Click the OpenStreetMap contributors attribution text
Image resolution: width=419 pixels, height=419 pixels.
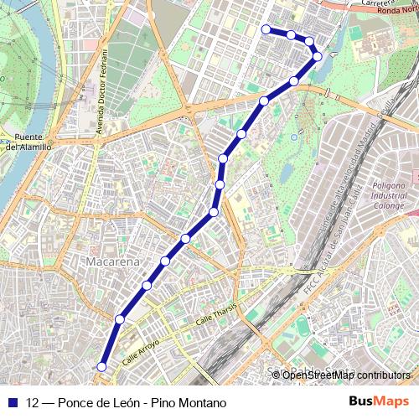click(345, 375)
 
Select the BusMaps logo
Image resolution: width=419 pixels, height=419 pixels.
click(379, 401)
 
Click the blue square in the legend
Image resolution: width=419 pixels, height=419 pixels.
click(13, 402)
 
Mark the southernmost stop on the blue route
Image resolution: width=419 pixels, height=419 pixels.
click(102, 366)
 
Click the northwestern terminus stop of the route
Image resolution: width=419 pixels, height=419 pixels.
click(266, 29)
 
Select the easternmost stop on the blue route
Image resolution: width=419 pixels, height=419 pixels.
click(318, 56)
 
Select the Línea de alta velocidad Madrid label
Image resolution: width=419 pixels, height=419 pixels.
click(352, 168)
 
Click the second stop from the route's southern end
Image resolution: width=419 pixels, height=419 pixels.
click(120, 319)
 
